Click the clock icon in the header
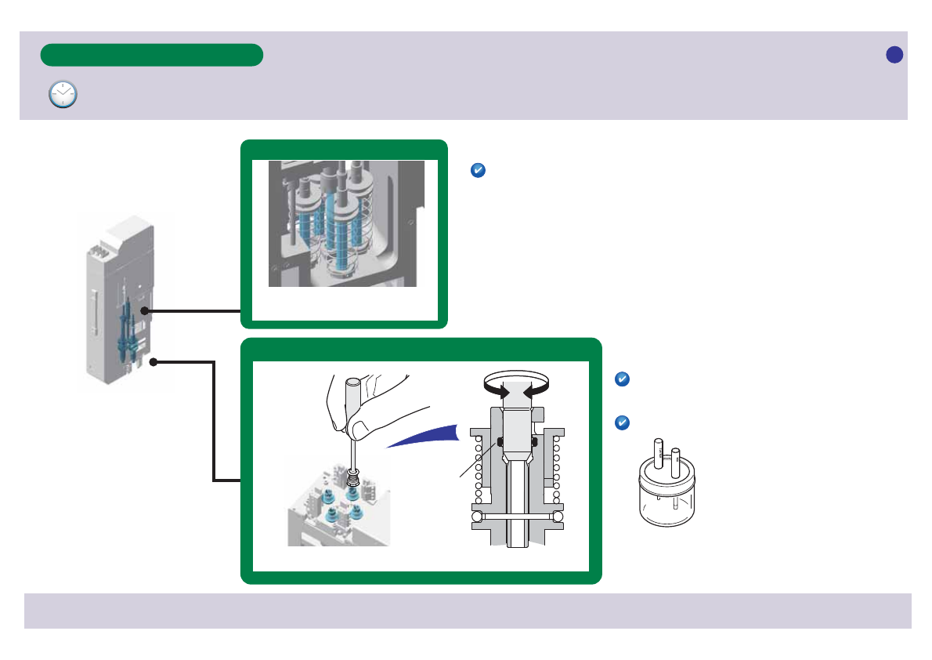point(63,93)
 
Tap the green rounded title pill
point(151,55)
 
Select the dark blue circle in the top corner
point(894,54)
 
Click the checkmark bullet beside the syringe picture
point(479,170)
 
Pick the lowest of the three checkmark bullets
point(621,422)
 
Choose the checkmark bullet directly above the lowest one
point(621,379)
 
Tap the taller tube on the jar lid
point(659,453)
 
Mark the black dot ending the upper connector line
point(144,311)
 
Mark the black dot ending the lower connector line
point(155,362)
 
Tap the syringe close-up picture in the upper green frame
point(342,223)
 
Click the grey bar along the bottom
point(468,611)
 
